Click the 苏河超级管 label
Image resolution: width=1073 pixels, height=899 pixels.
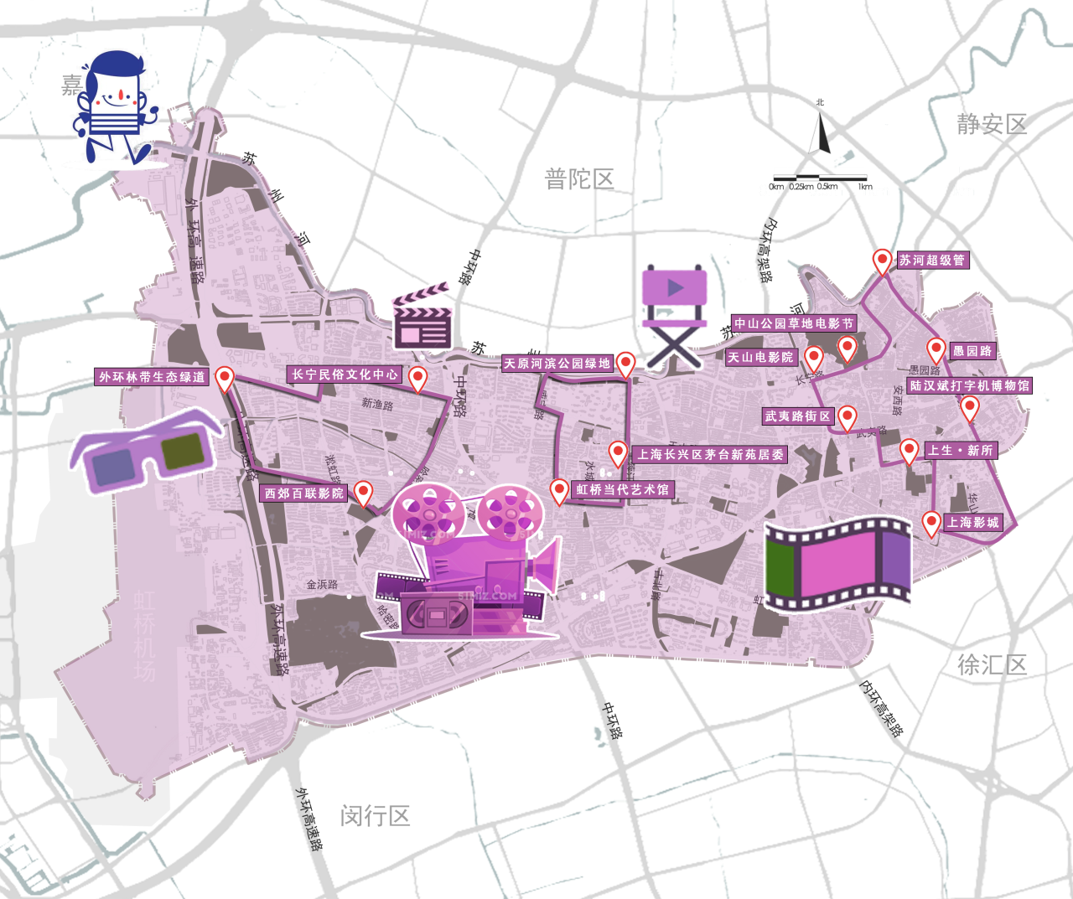[x=932, y=261]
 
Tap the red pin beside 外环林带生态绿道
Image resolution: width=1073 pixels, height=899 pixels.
[x=224, y=379]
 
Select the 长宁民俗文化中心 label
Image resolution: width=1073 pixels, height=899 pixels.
[x=345, y=375]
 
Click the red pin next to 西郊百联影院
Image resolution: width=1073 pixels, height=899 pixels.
[x=363, y=492]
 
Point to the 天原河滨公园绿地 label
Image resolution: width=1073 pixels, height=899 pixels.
[x=557, y=364]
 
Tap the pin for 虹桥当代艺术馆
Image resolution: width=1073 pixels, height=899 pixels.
[x=559, y=490]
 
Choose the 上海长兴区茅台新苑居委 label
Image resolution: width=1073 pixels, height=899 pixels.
[x=710, y=455]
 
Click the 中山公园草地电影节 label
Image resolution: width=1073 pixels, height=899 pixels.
[x=794, y=323]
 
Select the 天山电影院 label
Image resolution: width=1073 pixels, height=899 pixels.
[x=760, y=358]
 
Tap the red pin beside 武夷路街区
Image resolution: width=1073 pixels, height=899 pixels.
[x=848, y=416]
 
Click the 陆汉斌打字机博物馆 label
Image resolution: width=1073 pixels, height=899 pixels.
[x=970, y=386]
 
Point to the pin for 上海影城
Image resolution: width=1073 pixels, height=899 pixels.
[x=930, y=523]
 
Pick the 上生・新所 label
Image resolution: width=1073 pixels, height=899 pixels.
[x=960, y=451]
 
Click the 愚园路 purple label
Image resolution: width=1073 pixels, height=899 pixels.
[x=972, y=352]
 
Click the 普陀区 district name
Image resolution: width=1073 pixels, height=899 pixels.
[x=579, y=179]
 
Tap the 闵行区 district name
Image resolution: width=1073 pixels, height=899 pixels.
[x=375, y=815]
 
